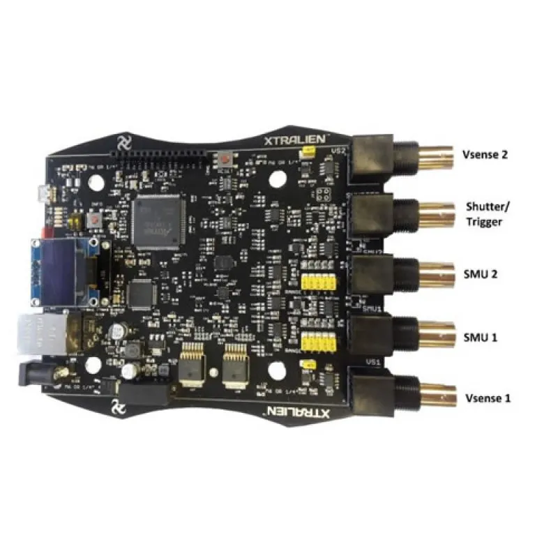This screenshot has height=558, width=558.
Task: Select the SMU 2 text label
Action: (x=479, y=274)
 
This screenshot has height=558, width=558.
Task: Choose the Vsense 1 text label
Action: (x=488, y=398)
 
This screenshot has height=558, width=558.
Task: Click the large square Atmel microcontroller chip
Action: (x=158, y=220)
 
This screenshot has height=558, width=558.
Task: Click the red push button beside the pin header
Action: (x=225, y=160)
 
